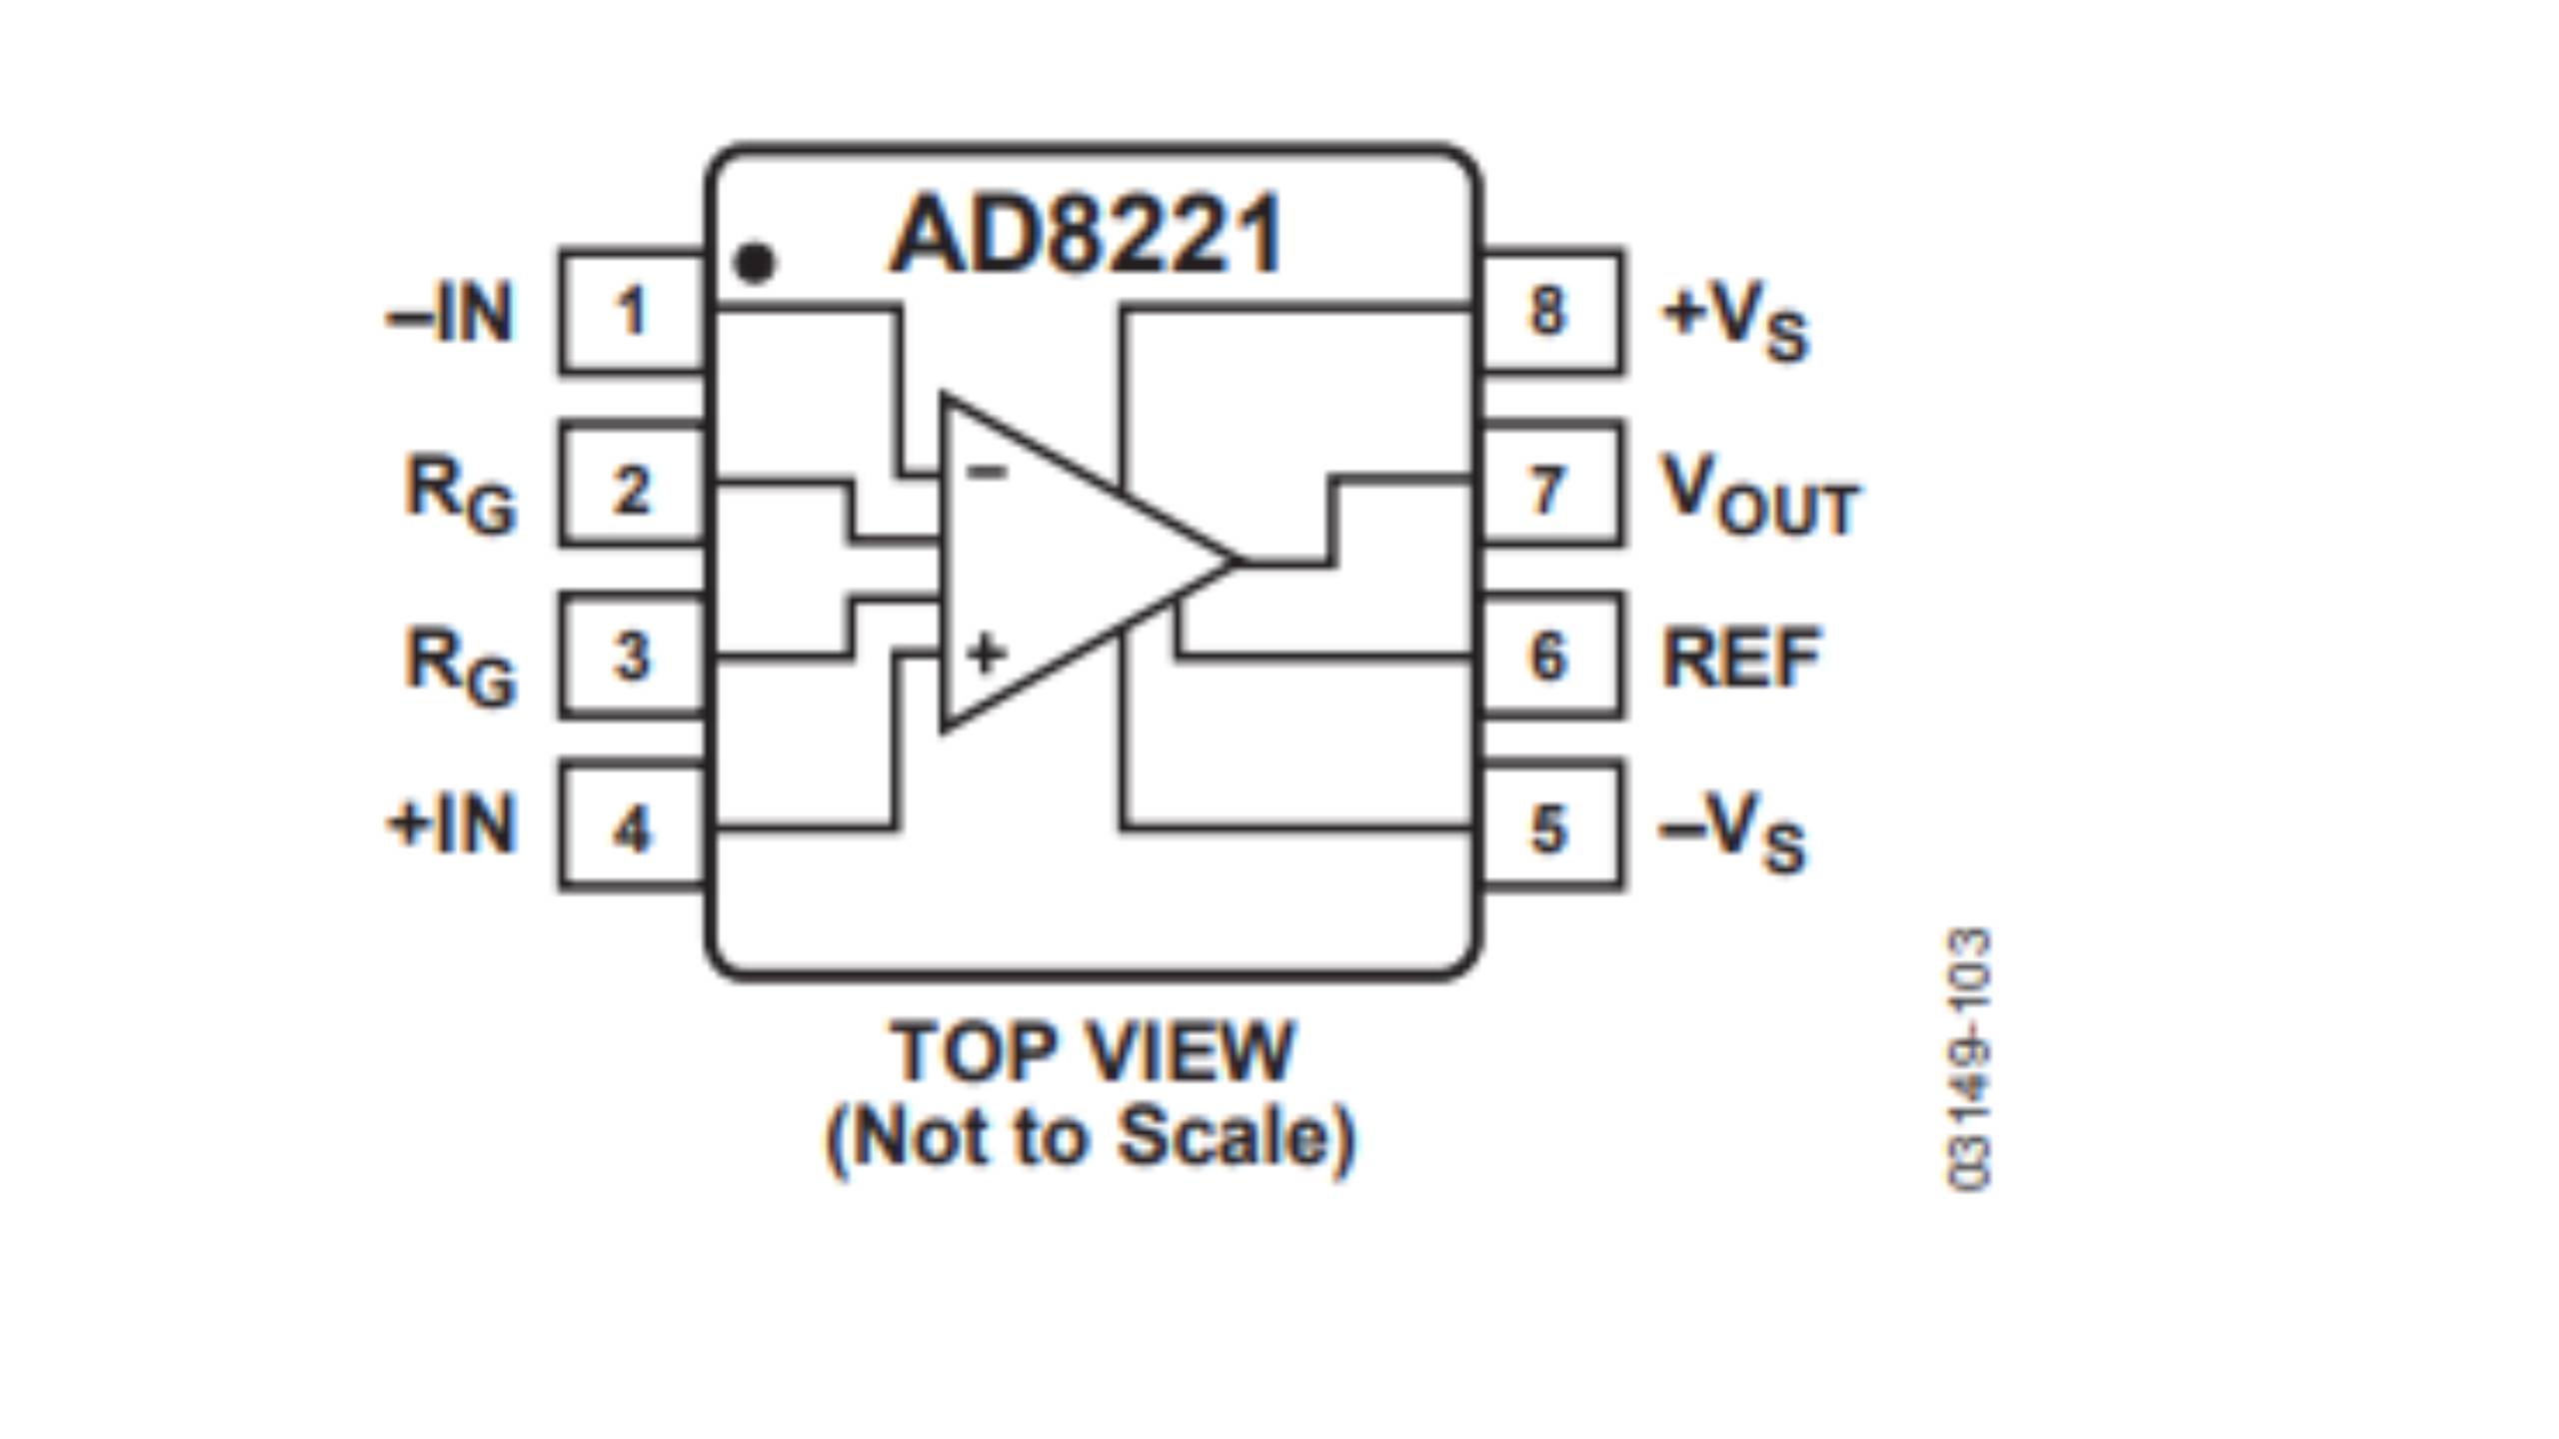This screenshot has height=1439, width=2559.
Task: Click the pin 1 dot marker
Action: [754, 263]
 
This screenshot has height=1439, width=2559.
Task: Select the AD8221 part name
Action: [1087, 236]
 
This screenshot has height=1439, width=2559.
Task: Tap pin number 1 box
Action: [632, 312]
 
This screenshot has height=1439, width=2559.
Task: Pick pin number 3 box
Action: [632, 657]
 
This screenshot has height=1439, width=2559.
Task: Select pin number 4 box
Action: [632, 827]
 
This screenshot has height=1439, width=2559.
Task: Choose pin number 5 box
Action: [1548, 827]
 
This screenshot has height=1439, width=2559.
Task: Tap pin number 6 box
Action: [1548, 657]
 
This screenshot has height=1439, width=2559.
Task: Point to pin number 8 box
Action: [1548, 312]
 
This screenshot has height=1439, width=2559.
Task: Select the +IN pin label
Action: [453, 825]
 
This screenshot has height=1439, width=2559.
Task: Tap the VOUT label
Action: [1757, 494]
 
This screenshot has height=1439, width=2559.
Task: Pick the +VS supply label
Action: [1735, 320]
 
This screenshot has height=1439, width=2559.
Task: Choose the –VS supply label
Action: [1733, 831]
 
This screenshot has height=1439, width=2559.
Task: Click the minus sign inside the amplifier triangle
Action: [988, 471]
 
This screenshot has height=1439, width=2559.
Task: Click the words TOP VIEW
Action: [1092, 1051]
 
